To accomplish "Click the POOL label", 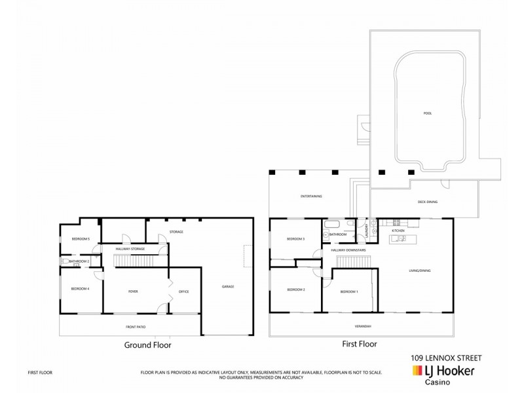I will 428,113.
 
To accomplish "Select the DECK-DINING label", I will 427,202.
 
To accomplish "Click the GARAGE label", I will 228,286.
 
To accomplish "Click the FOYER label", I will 133,291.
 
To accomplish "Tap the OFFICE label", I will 184,291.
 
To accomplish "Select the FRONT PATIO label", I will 135,326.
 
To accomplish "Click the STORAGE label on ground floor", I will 176,233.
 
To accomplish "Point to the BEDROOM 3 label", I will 296,240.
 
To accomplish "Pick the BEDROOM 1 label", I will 349,291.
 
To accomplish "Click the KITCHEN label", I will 398,231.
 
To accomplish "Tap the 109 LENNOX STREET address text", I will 445,358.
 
